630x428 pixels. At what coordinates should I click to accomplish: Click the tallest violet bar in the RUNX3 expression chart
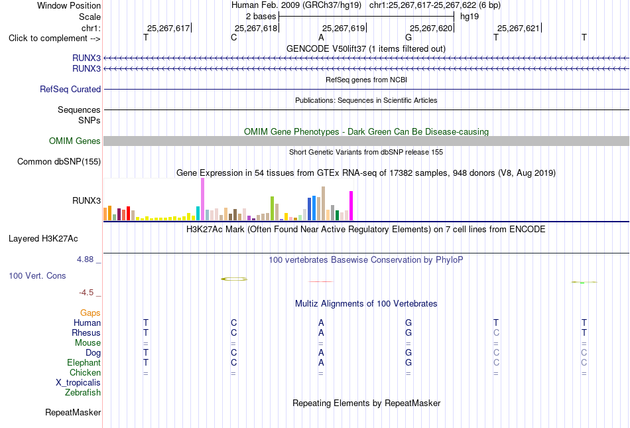(202, 199)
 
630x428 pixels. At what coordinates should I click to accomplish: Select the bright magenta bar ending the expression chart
(351, 206)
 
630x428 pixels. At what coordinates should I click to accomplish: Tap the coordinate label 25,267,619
(344, 28)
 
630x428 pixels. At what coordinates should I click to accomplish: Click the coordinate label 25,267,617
(168, 28)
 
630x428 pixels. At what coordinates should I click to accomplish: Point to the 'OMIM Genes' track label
(75, 141)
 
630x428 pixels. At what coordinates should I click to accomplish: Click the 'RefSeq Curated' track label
(70, 89)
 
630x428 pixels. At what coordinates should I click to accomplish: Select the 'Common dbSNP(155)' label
(59, 161)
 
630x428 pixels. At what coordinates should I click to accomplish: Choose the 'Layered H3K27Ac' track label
(43, 239)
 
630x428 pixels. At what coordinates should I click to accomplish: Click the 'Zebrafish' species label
(83, 393)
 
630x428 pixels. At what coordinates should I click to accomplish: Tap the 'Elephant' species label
(84, 362)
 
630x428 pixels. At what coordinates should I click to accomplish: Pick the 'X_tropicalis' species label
(78, 383)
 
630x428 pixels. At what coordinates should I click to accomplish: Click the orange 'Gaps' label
(90, 313)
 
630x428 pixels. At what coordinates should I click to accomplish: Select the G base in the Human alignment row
(409, 322)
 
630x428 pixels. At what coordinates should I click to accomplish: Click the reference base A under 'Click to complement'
(321, 38)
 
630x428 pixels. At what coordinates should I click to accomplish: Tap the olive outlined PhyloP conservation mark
(234, 279)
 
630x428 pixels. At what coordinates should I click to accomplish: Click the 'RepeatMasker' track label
(73, 412)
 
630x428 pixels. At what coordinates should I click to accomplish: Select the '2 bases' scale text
(261, 17)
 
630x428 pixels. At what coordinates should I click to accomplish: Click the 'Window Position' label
(69, 5)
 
